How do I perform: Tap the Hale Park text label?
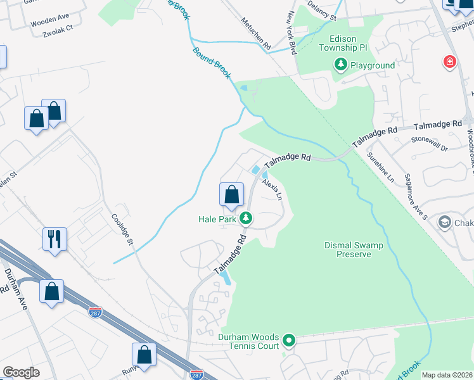216,219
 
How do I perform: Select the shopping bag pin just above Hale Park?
231,194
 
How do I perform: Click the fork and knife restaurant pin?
54,239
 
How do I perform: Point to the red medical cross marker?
449,61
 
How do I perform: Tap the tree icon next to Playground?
341,65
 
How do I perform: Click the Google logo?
20,372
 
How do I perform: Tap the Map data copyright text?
447,375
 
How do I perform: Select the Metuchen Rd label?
255,34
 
